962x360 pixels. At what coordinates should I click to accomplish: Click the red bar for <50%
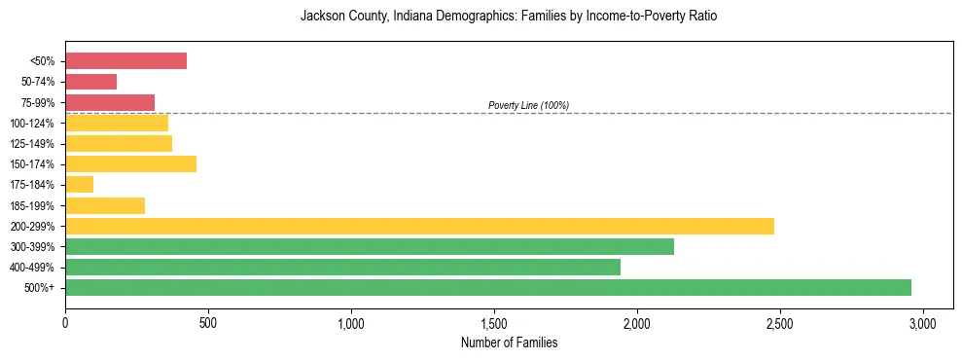click(x=125, y=61)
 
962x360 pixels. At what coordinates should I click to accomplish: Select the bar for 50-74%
click(x=90, y=82)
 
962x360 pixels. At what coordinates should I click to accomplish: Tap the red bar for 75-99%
click(x=110, y=102)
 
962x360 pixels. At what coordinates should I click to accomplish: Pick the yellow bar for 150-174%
click(x=130, y=163)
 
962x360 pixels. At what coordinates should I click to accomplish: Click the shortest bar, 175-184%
click(x=79, y=184)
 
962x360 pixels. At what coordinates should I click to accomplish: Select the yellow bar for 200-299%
click(x=419, y=226)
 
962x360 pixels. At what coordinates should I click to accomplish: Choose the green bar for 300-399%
click(x=370, y=246)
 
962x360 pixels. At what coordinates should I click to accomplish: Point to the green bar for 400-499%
click(x=342, y=267)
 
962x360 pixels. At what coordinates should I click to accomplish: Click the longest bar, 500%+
click(x=488, y=287)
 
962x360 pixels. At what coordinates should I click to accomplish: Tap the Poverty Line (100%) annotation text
click(x=528, y=105)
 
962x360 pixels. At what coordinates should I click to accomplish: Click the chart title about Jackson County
click(x=509, y=17)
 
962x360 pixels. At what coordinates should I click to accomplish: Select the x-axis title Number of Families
click(x=509, y=342)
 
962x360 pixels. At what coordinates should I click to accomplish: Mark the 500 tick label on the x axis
click(x=208, y=322)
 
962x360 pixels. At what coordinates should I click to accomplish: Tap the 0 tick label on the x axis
click(x=65, y=322)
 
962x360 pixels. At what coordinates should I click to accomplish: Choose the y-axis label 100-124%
click(x=32, y=124)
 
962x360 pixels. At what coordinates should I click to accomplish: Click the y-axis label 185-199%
click(x=32, y=205)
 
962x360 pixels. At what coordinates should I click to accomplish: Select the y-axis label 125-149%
click(x=32, y=144)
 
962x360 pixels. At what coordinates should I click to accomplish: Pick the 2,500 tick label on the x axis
click(x=780, y=322)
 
